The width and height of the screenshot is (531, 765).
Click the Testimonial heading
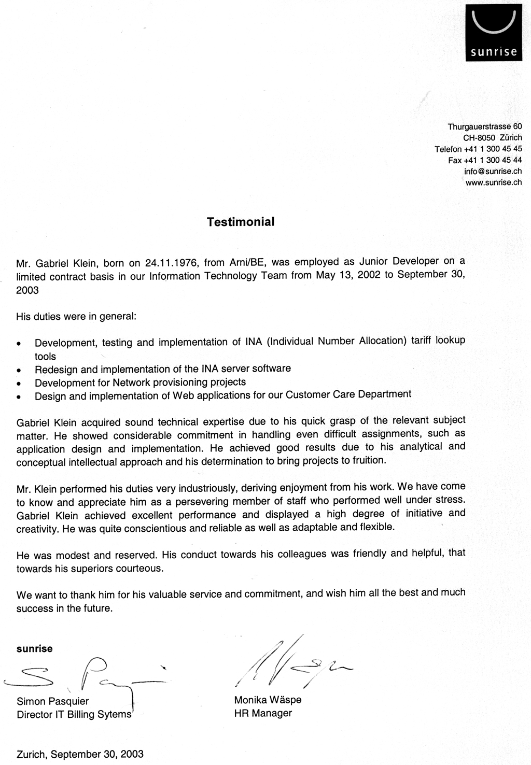(x=241, y=222)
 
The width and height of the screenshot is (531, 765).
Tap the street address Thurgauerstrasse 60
(x=485, y=126)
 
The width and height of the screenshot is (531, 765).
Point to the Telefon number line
(x=478, y=149)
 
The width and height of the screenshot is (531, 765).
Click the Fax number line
(x=485, y=161)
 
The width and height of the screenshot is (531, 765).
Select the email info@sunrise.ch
(x=493, y=172)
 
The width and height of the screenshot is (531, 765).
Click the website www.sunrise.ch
(x=494, y=182)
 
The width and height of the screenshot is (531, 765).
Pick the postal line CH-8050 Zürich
(x=492, y=138)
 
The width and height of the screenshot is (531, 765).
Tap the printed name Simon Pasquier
(x=53, y=701)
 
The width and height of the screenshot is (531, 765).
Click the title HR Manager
(x=263, y=714)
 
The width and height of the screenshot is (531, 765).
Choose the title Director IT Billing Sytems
(x=74, y=715)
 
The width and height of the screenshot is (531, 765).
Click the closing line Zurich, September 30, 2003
(x=80, y=754)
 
